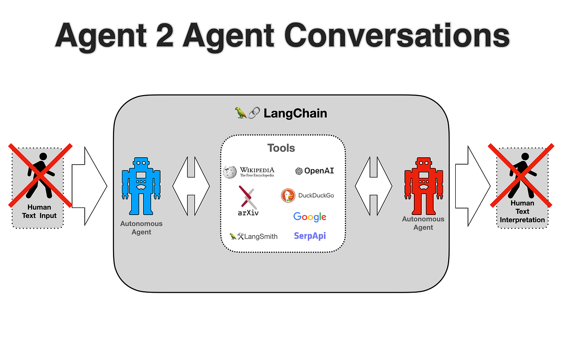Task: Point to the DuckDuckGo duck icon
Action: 288,195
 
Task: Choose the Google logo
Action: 309,216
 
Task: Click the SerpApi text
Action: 309,236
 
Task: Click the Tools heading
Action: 281,148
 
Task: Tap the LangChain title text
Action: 295,113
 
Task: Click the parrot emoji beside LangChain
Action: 241,113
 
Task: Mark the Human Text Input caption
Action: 39,211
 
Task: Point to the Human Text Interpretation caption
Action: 522,211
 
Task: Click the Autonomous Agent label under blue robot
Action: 141,228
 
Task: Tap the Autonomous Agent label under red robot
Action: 423,223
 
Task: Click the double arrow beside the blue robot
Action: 191,186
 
